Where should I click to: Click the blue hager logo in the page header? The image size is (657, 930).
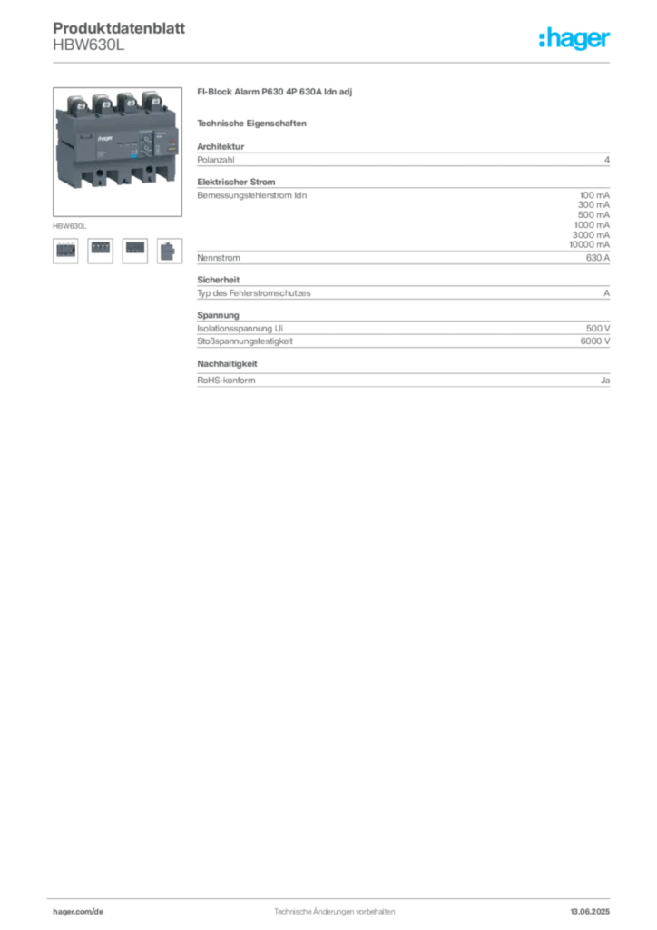(575, 39)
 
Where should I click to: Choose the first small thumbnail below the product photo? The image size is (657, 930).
(64, 248)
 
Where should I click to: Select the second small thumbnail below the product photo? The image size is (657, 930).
(100, 247)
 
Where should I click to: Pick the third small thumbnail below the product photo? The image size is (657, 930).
(134, 247)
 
